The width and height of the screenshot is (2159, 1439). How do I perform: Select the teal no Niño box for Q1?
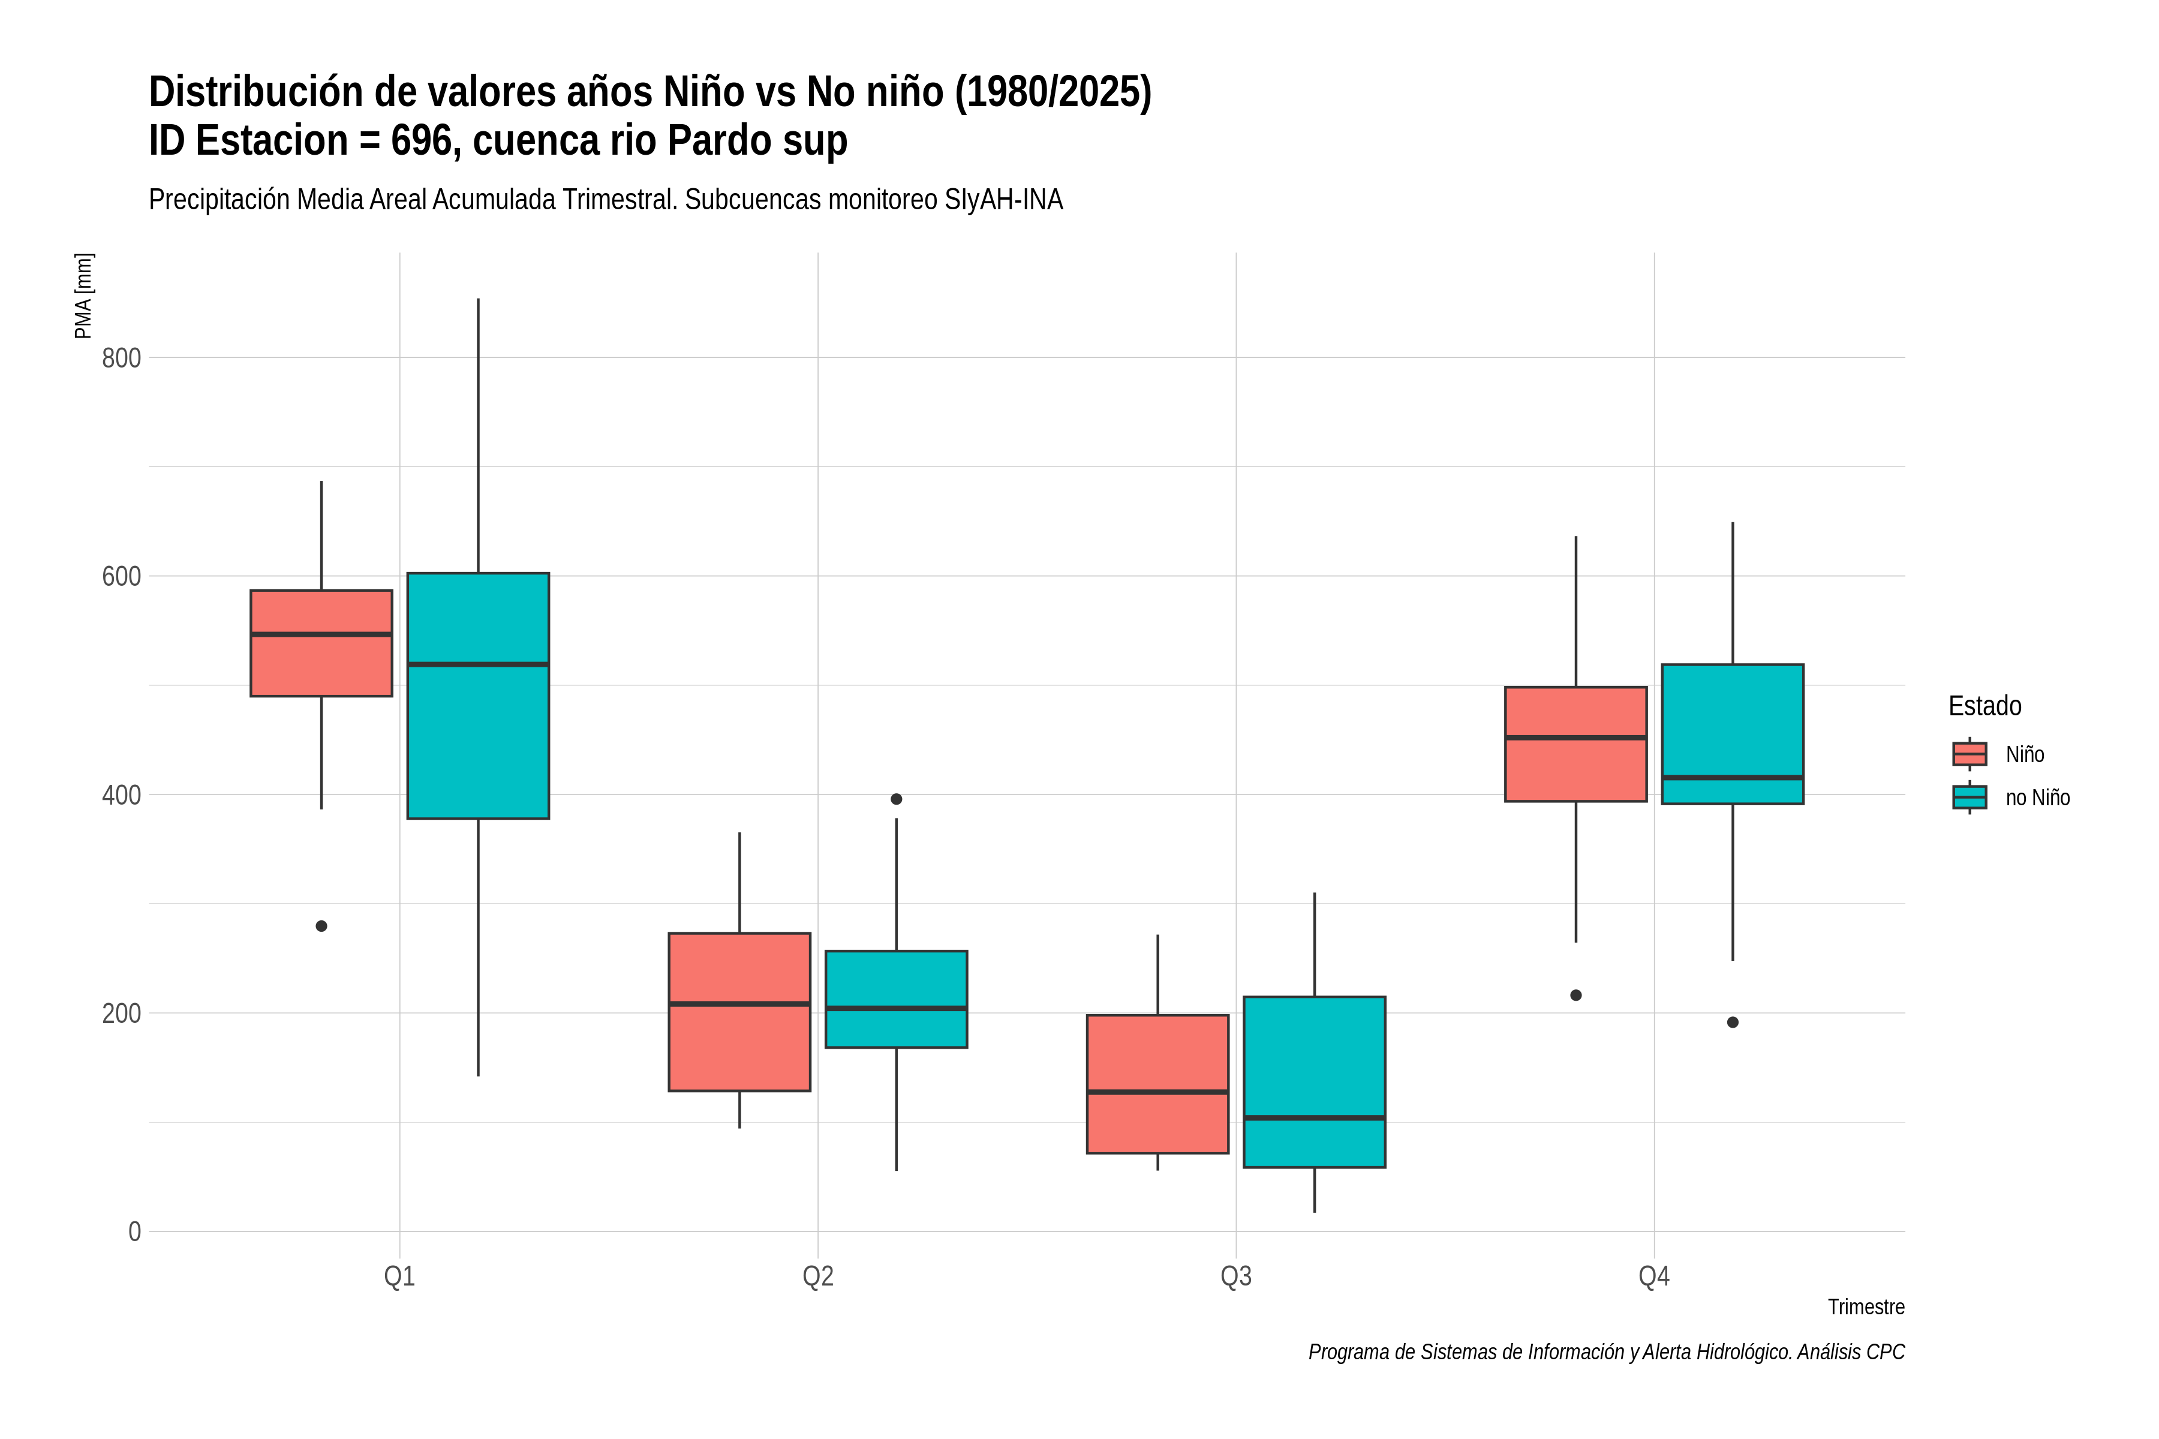[x=478, y=696]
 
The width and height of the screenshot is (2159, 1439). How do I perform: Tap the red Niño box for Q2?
[x=740, y=1012]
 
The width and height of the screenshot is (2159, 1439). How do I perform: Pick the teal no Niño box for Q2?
[x=897, y=1000]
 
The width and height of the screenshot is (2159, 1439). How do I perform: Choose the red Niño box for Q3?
[x=1157, y=1084]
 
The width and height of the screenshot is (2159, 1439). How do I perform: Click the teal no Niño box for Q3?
[x=1315, y=1082]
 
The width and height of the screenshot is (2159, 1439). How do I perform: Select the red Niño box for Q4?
[x=1576, y=744]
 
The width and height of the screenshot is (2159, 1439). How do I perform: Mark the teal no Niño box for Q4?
[x=1733, y=734]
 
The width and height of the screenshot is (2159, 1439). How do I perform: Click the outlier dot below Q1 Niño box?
[x=321, y=926]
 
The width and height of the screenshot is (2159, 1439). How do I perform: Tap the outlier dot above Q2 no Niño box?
[x=897, y=799]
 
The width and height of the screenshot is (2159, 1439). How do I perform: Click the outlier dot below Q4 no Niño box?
[x=1733, y=1022]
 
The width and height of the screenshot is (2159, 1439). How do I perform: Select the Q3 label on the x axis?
[x=1237, y=1277]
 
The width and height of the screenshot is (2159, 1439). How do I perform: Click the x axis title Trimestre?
[x=1866, y=1307]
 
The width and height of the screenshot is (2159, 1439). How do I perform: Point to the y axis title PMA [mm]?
[x=83, y=296]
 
